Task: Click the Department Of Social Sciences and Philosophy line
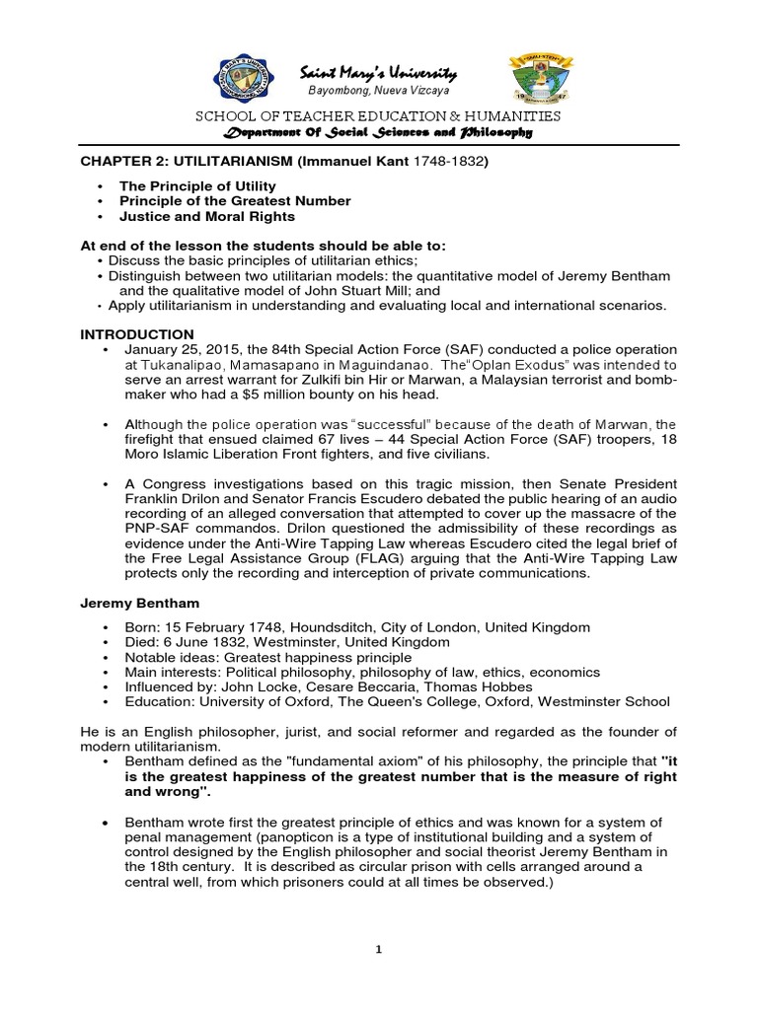tap(378, 132)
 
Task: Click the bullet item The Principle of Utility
tap(197, 185)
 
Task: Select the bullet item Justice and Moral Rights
tap(206, 216)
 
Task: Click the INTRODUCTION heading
tap(137, 334)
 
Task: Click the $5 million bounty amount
tap(320, 395)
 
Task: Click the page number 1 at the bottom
tap(378, 949)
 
